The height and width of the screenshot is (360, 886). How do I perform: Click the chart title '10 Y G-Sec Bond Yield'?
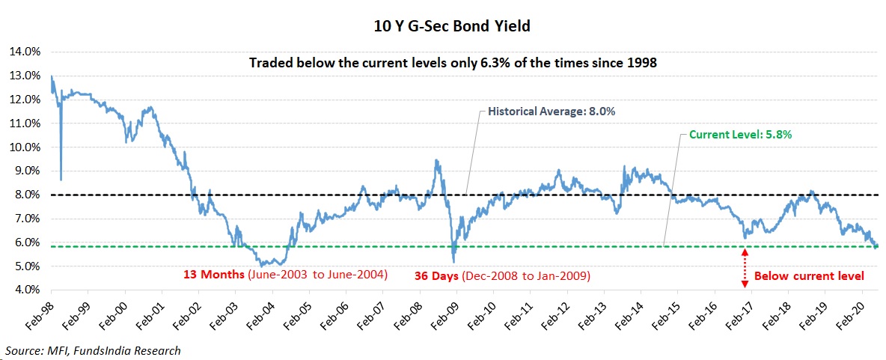coord(442,27)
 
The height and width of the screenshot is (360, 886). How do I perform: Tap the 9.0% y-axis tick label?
coord(25,171)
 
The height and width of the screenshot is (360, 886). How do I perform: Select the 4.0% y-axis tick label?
coord(25,290)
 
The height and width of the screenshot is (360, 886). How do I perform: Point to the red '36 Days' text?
coord(436,276)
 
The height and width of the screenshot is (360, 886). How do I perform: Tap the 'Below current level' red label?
coord(809,276)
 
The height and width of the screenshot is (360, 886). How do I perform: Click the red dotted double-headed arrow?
coord(744,268)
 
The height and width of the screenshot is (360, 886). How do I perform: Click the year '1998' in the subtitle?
coord(642,63)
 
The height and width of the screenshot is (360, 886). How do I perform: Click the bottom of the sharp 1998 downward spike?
coord(61,179)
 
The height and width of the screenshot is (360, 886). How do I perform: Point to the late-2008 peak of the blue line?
coord(436,159)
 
